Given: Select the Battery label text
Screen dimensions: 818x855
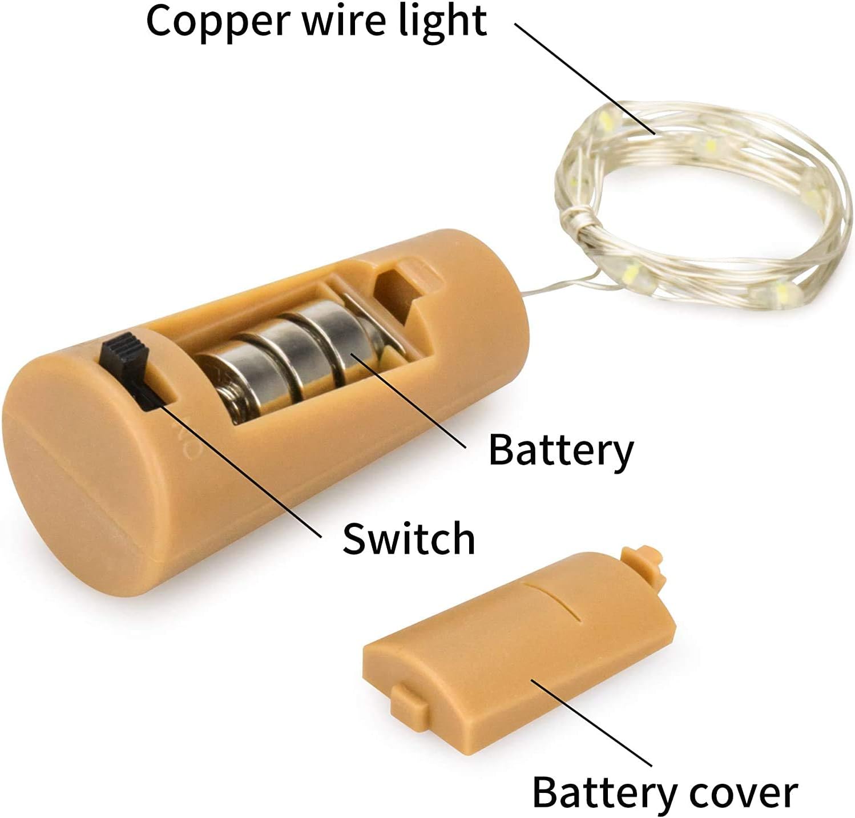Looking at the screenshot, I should [x=561, y=450].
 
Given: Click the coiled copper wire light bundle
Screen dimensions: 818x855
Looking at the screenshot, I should [x=702, y=205].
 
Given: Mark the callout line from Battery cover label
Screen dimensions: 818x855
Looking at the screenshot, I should [x=594, y=722].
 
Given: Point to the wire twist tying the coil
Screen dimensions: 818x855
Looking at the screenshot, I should [x=579, y=220].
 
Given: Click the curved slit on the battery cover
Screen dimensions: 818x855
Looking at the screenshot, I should [x=556, y=599].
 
